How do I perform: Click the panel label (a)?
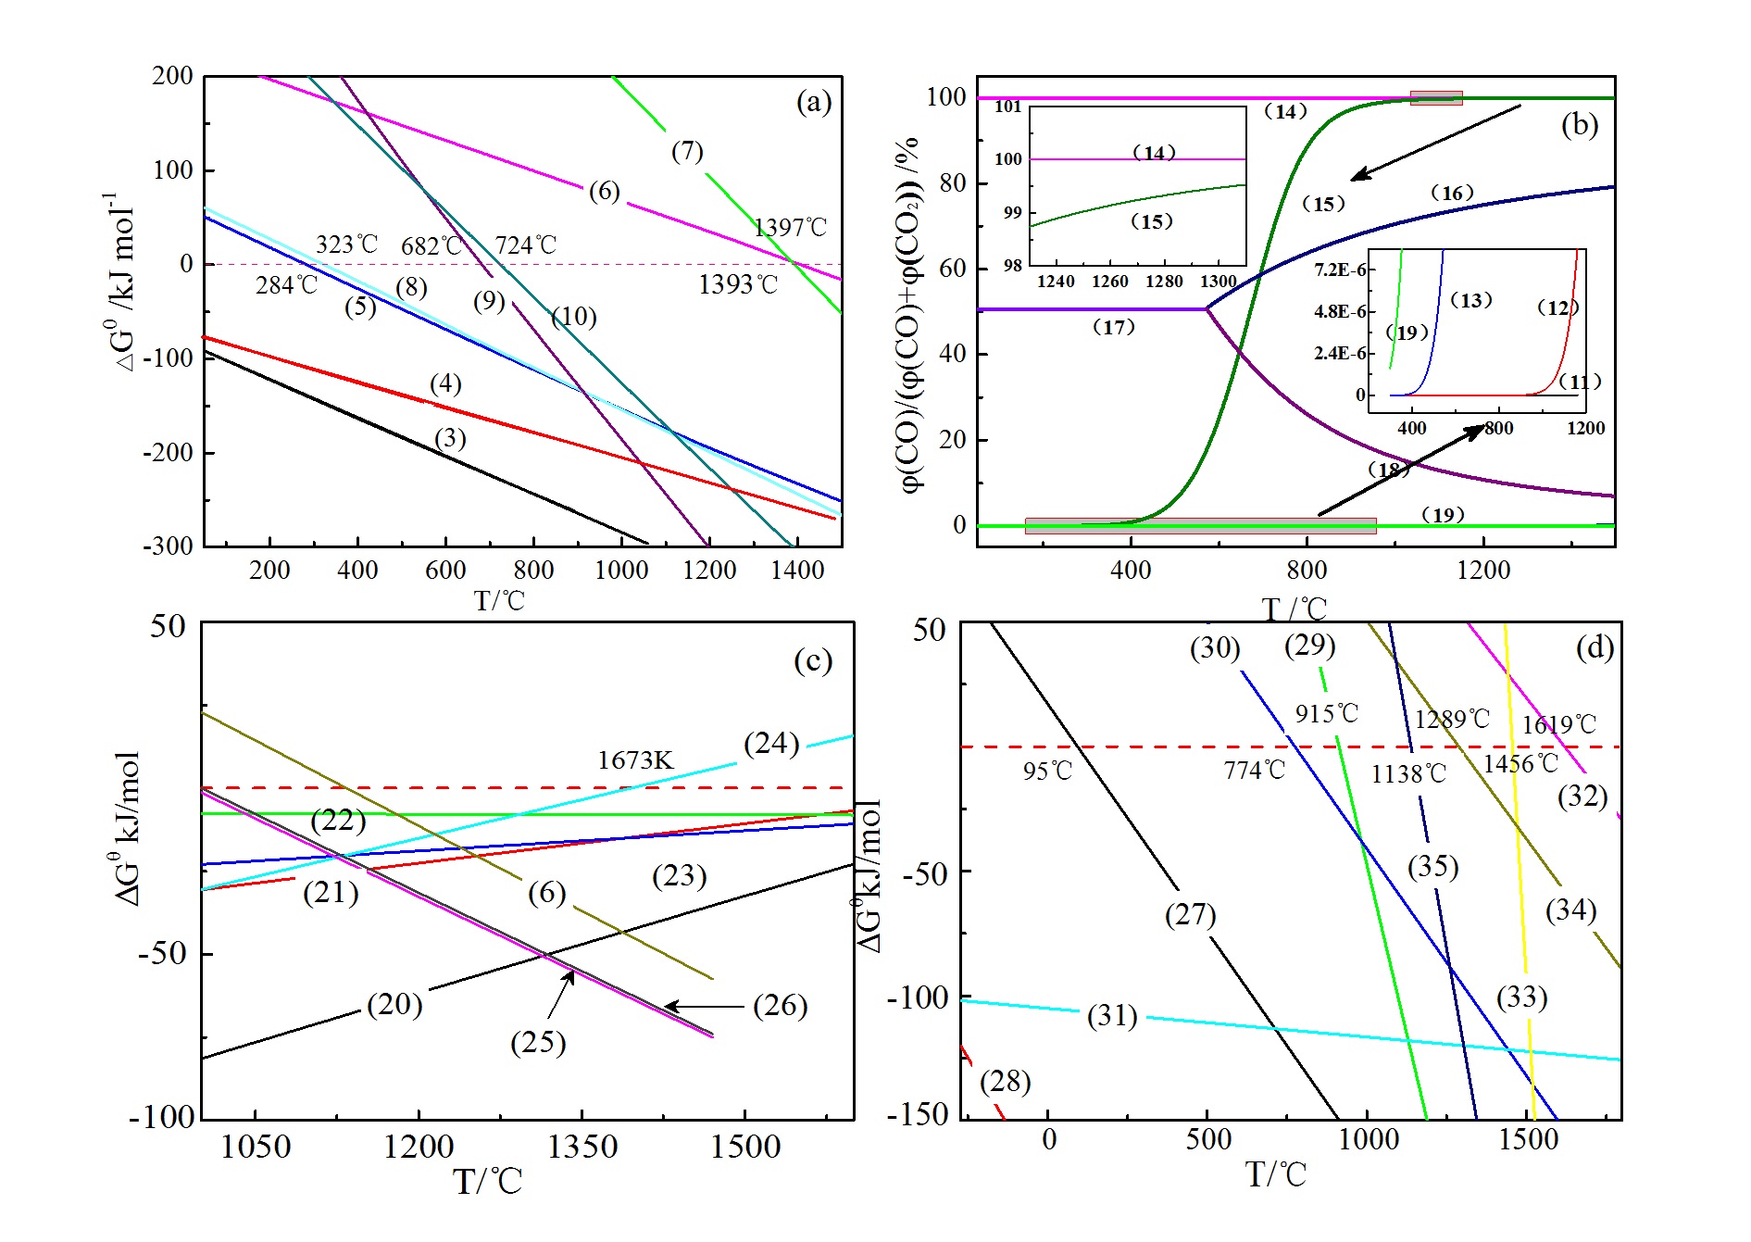point(814,101)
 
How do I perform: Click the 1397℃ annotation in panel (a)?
point(790,228)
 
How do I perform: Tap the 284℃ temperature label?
point(286,285)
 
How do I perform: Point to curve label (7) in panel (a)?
point(687,151)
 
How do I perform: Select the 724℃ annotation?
point(525,245)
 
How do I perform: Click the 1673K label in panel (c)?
point(635,760)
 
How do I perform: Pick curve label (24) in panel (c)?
point(771,744)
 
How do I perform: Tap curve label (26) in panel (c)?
point(780,1006)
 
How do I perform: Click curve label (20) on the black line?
point(394,1005)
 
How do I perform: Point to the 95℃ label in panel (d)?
point(1047,772)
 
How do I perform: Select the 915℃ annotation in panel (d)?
point(1326,714)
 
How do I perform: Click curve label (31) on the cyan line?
point(1112,1016)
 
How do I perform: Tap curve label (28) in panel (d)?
point(1005,1081)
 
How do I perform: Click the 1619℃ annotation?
point(1559,724)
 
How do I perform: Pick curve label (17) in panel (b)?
point(1113,327)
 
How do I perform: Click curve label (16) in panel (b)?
point(1451,193)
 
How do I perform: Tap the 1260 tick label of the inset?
point(1110,282)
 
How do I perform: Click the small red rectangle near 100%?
point(1436,98)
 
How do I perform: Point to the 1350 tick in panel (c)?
point(582,1148)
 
